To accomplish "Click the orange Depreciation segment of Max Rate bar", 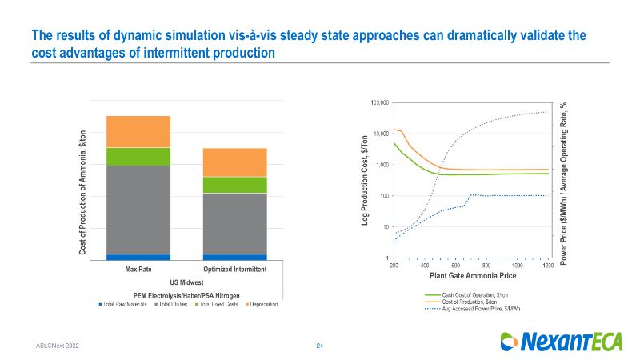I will click(138, 131).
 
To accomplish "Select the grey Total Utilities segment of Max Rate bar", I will click(138, 210).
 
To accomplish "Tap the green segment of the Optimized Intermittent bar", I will click(234, 185).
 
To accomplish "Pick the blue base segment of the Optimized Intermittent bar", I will click(234, 257).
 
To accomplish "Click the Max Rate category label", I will click(138, 270).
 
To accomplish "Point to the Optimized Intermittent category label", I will click(234, 270).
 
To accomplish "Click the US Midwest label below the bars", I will click(186, 282).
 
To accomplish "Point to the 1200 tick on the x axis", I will click(547, 265).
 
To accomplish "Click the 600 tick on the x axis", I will click(455, 265).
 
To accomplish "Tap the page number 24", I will click(319, 345).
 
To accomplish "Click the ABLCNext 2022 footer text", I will click(57, 345).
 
